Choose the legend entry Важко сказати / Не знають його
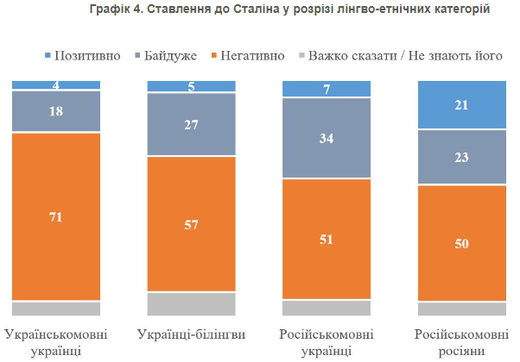[x=396, y=56]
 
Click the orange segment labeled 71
[x=56, y=216]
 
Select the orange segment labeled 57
[x=191, y=224]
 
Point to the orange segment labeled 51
[x=327, y=239]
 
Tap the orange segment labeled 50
[x=461, y=243]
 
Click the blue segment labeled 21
[x=461, y=104]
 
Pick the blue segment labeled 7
[x=327, y=89]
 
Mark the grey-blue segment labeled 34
[x=327, y=138]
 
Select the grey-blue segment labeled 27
[x=191, y=123]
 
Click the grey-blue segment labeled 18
[x=56, y=111]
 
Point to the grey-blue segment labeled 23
[x=461, y=157]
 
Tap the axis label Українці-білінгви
[x=191, y=334]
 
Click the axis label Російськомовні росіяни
[x=461, y=342]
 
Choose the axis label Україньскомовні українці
[x=56, y=342]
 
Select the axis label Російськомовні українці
[x=327, y=342]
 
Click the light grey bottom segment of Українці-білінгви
[x=191, y=304]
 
